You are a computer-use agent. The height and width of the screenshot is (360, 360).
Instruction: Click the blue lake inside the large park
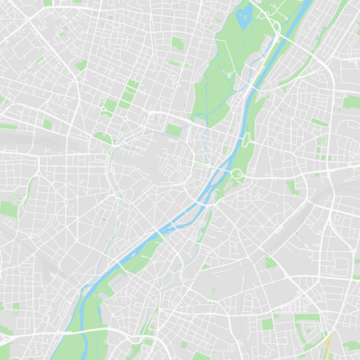(x=245, y=12)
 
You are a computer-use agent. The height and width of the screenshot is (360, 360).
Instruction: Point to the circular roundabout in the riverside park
(x=238, y=174)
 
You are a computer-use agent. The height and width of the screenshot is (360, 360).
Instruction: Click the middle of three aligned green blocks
(x=127, y=94)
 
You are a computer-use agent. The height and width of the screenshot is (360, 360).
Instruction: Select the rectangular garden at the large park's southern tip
(x=174, y=129)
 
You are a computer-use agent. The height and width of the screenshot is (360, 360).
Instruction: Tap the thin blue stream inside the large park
(x=206, y=104)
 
